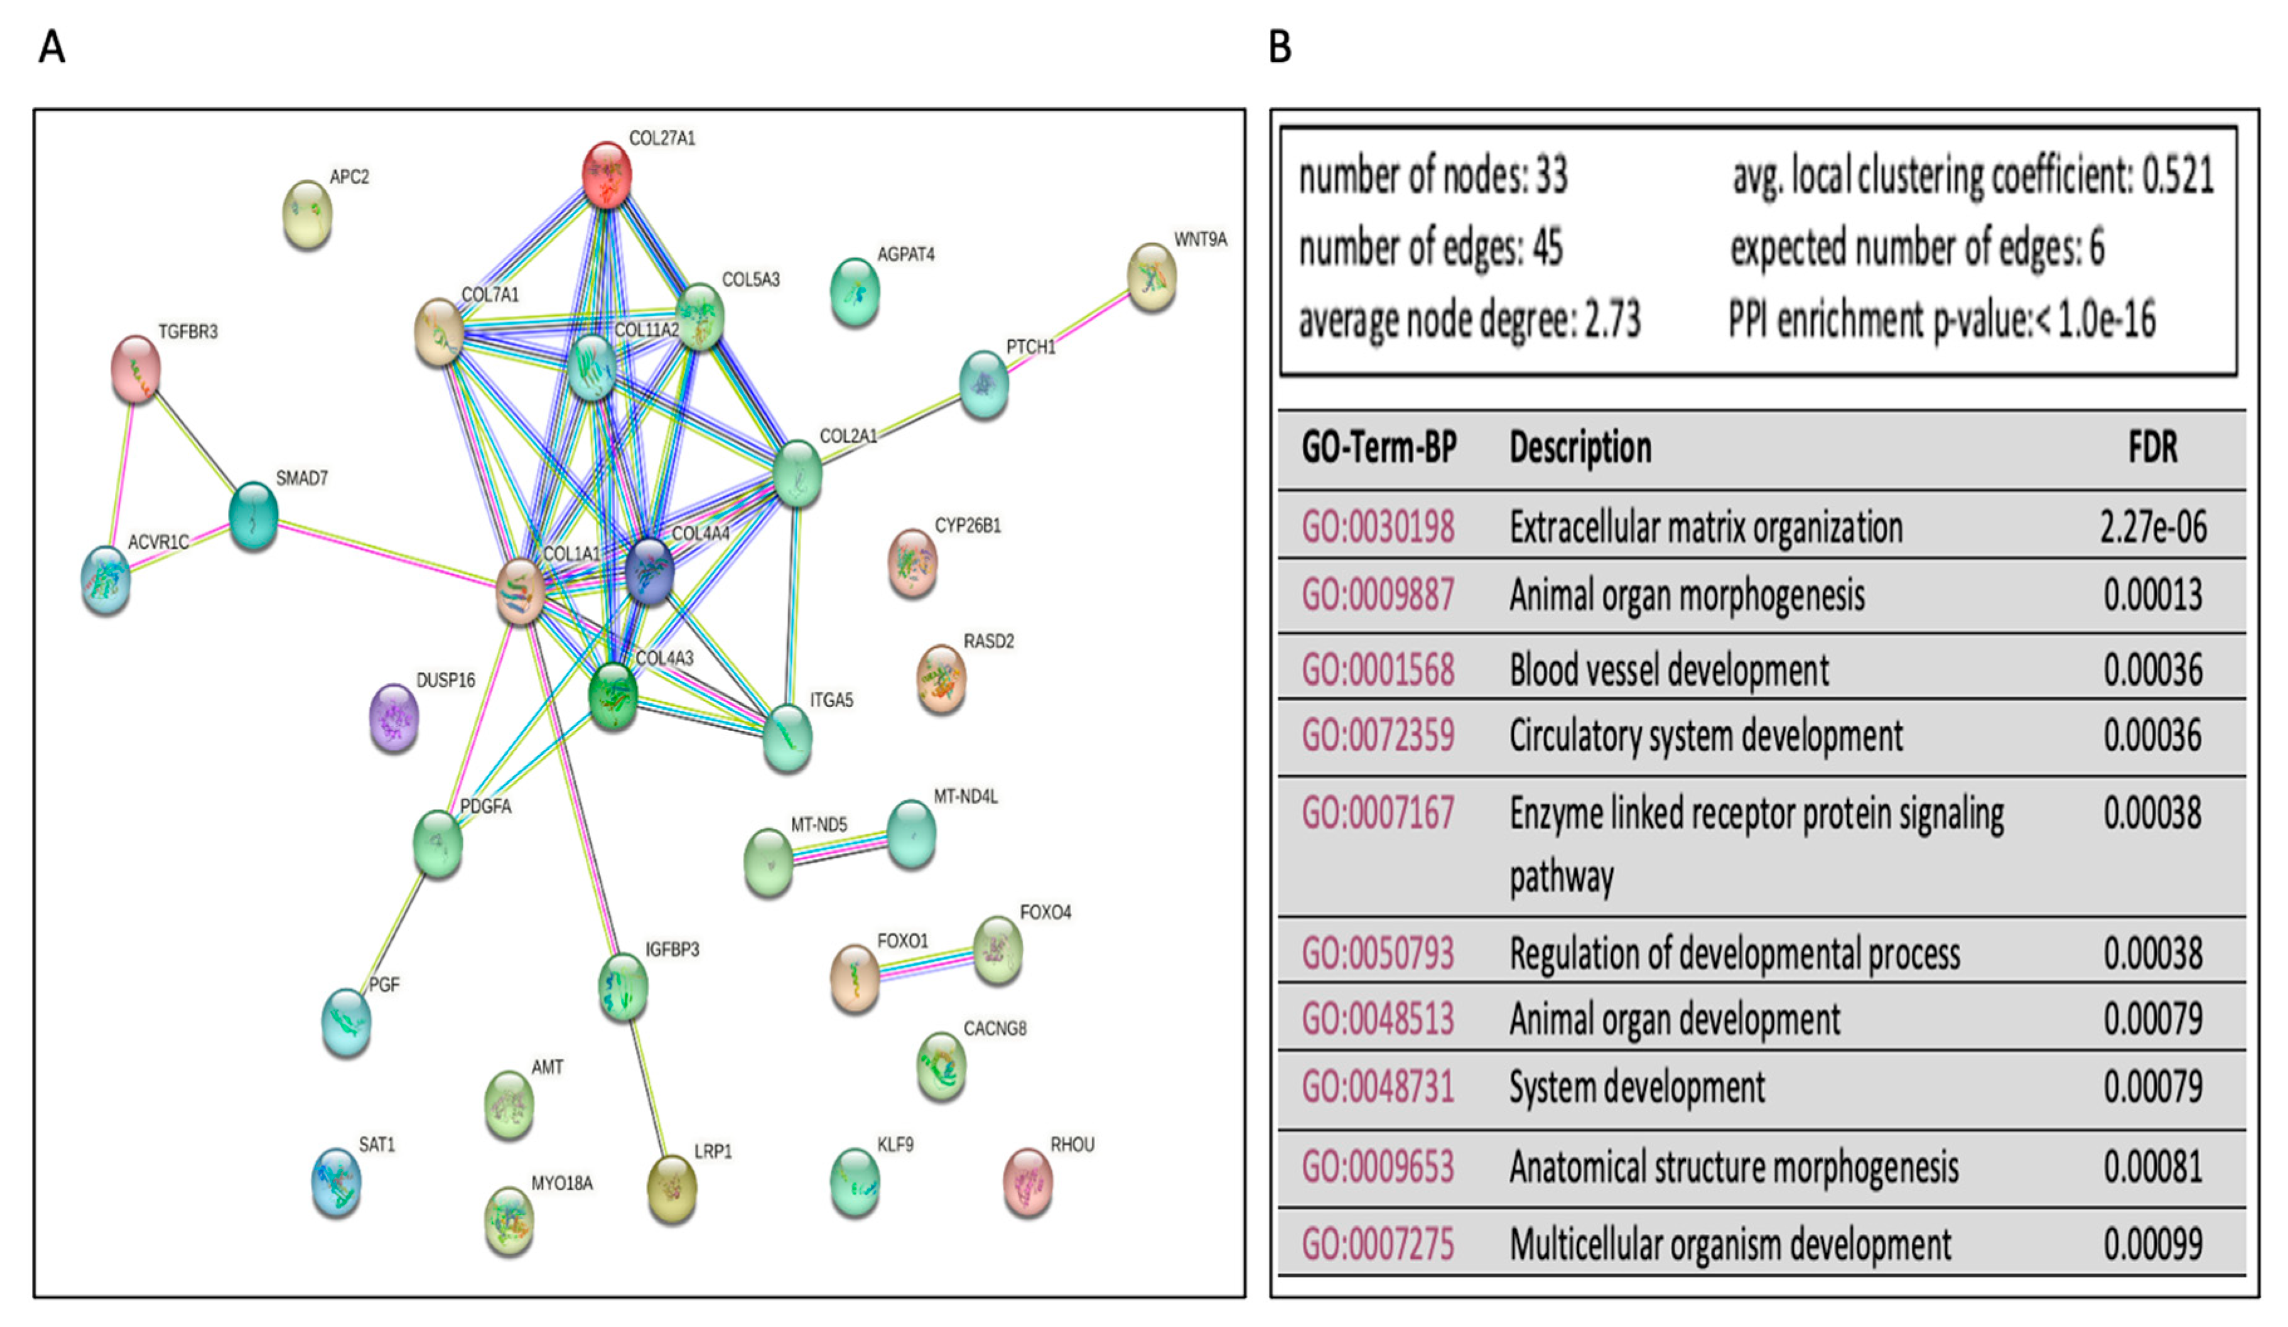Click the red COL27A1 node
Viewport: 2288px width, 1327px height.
pyautogui.click(x=607, y=175)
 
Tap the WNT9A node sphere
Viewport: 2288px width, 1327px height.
pyautogui.click(x=1152, y=277)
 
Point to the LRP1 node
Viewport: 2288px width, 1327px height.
pyautogui.click(x=672, y=1189)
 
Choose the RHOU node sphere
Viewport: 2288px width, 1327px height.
pyautogui.click(x=1028, y=1182)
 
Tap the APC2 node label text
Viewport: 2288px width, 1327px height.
pyautogui.click(x=350, y=177)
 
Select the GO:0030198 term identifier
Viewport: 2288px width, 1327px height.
pyautogui.click(x=1378, y=527)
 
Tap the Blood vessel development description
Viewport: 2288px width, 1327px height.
pyautogui.click(x=1669, y=670)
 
